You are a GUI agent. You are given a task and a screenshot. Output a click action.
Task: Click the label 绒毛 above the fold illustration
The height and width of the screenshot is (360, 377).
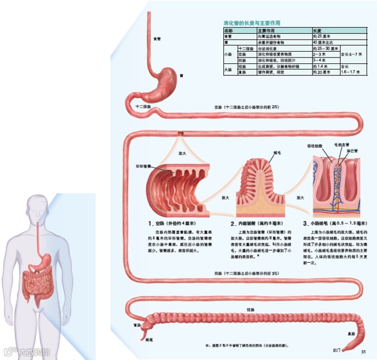[277, 153]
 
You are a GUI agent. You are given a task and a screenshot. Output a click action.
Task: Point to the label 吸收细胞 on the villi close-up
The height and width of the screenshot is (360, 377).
[315, 146]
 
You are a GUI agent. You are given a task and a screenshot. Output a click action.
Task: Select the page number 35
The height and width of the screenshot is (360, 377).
[363, 351]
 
